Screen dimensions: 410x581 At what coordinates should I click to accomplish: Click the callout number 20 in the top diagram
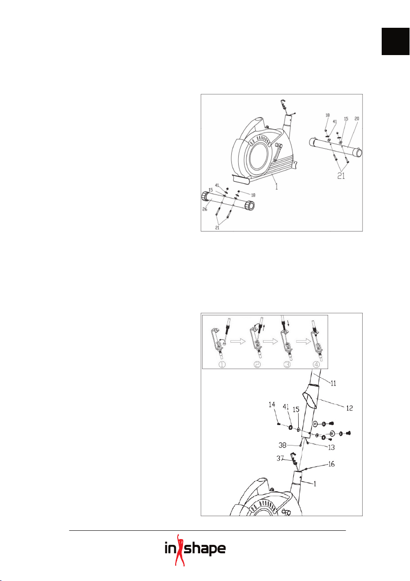point(357,119)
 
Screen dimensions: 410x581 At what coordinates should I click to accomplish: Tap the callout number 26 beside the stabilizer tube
point(205,210)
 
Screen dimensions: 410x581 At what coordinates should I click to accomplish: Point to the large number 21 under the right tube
point(341,176)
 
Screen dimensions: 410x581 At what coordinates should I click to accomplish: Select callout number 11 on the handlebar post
point(333,384)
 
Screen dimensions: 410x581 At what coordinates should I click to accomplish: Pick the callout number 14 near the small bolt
point(271,406)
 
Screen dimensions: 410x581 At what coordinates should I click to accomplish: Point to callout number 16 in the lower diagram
point(330,464)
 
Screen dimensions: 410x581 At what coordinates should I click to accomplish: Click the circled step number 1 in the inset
point(222,364)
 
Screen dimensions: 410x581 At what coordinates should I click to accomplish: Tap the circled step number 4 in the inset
point(316,364)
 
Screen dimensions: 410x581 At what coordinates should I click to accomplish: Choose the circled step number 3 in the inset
point(287,364)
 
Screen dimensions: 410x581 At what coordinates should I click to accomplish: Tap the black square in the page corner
point(396,41)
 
